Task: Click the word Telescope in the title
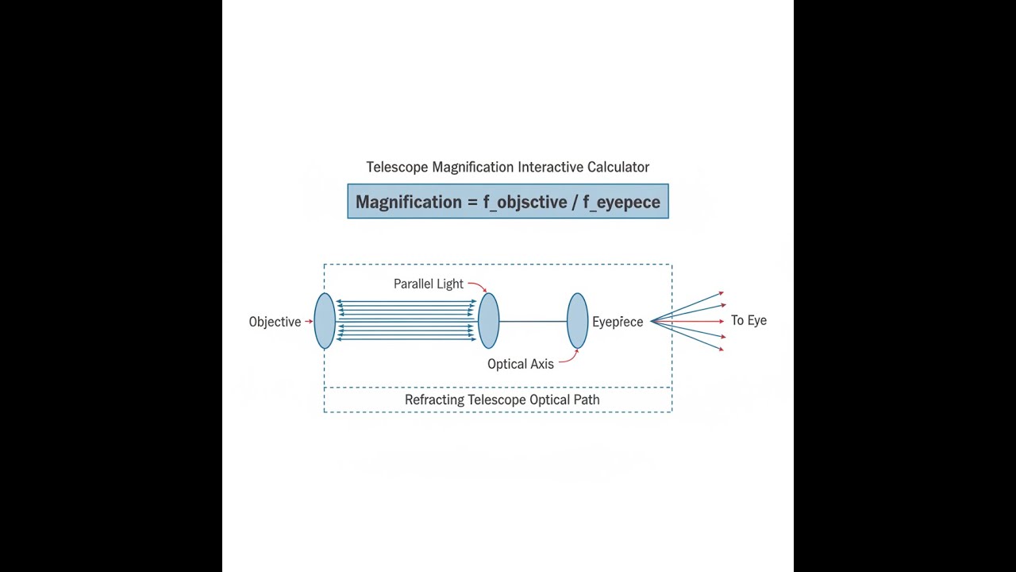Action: click(398, 167)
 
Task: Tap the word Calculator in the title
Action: click(618, 167)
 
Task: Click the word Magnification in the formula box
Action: click(408, 202)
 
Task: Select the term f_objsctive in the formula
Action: click(525, 202)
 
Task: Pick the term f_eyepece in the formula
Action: click(622, 202)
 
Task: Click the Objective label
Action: click(275, 322)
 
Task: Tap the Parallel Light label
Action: click(428, 284)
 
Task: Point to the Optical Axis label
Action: click(520, 364)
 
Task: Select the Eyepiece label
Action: click(618, 322)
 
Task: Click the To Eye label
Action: click(749, 320)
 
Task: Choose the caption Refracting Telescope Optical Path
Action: click(502, 400)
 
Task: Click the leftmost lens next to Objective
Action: click(325, 321)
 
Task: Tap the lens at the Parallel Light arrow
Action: click(489, 321)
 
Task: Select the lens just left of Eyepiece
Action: click(578, 321)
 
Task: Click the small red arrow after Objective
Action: click(309, 322)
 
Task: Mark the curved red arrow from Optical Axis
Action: click(570, 357)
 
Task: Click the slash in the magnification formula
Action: click(575, 202)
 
